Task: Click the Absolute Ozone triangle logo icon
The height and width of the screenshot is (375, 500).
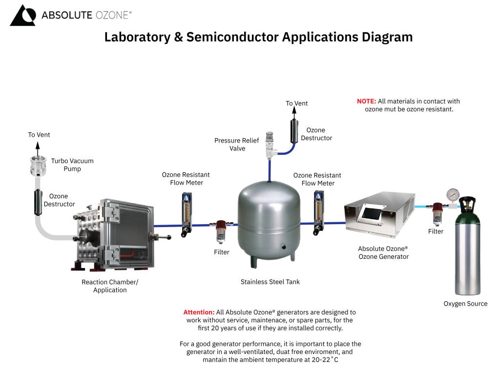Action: coord(22,15)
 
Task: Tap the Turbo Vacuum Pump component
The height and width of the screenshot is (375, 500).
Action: coord(37,166)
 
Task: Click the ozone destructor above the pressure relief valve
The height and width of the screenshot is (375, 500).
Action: coord(295,129)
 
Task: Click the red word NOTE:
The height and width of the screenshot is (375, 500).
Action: coord(366,101)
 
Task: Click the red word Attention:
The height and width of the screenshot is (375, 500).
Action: coord(199,312)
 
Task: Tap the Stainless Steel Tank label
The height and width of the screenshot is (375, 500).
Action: coord(270,282)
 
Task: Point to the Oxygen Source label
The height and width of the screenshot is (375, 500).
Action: coord(465,303)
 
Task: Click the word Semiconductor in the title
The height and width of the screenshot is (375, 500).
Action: coord(233,37)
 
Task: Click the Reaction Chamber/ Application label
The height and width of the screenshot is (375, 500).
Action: coord(110,286)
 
